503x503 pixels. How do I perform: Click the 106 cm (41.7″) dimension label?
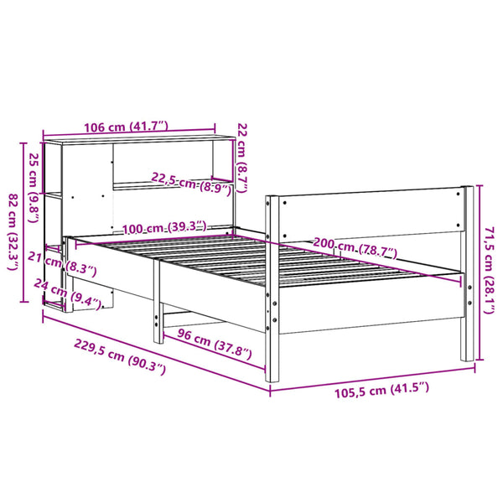126,127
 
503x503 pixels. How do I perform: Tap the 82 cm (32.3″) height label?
13,231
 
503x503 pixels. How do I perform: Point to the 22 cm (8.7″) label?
242,158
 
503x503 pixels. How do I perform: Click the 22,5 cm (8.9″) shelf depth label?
191,184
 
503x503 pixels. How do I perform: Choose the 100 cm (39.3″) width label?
164,228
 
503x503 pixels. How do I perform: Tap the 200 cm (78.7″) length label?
355,248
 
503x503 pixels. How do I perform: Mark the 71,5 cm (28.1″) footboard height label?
490,270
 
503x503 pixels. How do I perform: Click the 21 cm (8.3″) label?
62,264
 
